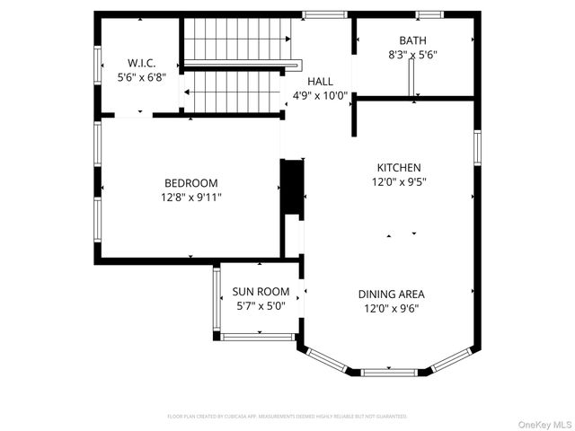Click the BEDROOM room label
(x=190, y=183)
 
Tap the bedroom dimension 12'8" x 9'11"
(x=190, y=197)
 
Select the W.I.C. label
(x=142, y=64)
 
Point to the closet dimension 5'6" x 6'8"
(x=142, y=77)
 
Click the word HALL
(x=320, y=82)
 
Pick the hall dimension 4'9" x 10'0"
(x=320, y=95)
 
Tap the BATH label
(x=413, y=40)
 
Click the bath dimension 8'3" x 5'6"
(x=413, y=54)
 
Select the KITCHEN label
(x=398, y=168)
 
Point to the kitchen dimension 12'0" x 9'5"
(x=398, y=181)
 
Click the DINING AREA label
(x=391, y=295)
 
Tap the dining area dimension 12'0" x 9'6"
(x=391, y=308)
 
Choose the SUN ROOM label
(x=261, y=292)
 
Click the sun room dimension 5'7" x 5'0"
(x=261, y=305)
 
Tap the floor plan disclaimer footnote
(x=287, y=417)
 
